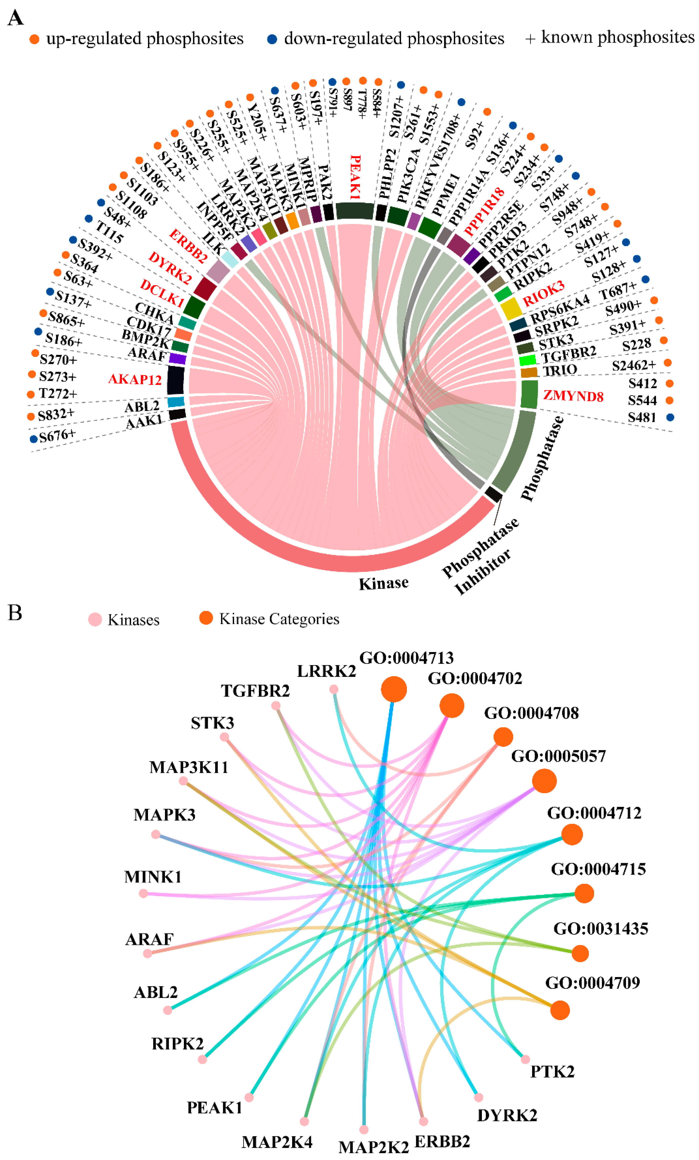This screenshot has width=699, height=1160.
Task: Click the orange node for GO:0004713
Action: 394,689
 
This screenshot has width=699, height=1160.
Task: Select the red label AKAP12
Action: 135,379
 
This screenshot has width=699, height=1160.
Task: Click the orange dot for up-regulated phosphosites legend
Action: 34,39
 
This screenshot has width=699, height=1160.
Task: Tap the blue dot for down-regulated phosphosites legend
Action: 272,39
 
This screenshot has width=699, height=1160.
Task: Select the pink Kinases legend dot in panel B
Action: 95,620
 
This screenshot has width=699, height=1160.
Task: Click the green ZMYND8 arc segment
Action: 529,394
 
